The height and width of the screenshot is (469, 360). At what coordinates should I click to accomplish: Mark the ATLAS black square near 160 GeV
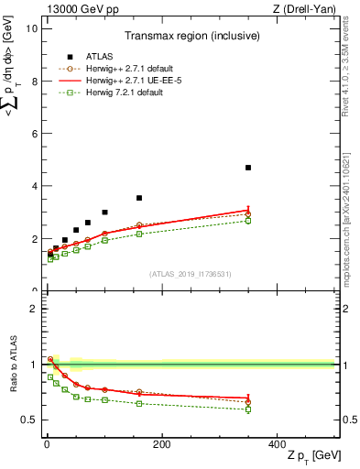[x=139, y=198]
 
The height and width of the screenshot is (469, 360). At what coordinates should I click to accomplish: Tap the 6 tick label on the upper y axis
[x=34, y=134]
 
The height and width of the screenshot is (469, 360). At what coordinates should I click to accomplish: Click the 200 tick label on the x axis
[x=161, y=444]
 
